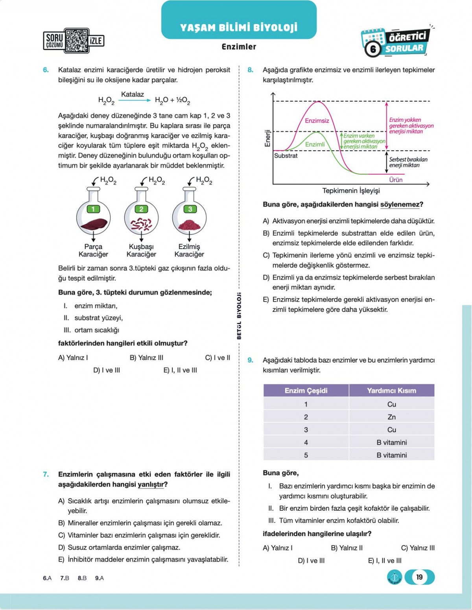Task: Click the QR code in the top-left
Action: tap(76, 41)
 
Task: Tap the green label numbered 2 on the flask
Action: tap(141, 209)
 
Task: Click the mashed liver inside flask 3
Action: tap(190, 225)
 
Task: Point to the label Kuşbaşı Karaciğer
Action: tap(141, 251)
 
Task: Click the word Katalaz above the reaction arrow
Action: tap(133, 94)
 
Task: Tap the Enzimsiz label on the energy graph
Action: tap(317, 121)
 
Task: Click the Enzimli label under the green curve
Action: tap(315, 144)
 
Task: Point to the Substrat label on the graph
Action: tap(286, 156)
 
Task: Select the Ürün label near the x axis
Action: tap(396, 180)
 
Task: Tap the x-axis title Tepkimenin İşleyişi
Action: tap(351, 191)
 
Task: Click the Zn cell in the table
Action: tap(391, 417)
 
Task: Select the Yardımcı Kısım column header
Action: tap(391, 391)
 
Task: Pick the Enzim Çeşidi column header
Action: tap(306, 391)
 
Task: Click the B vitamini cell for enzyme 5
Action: tap(391, 455)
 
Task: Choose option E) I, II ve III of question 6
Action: tap(180, 370)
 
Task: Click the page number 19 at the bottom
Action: tap(419, 577)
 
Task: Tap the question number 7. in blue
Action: tap(46, 474)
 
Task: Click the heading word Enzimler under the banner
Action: tap(239, 47)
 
